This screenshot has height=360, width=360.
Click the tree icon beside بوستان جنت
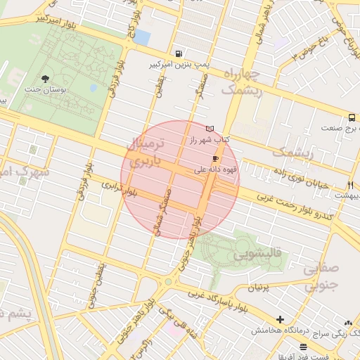pos(46,78)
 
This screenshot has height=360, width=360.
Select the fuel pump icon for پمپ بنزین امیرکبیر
pos(181,53)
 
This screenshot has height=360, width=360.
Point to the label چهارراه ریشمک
pos(241,82)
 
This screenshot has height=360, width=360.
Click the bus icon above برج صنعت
pos(351,117)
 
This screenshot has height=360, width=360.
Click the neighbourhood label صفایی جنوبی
pos(322,276)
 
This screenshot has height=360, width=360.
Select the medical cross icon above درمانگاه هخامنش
pos(280,320)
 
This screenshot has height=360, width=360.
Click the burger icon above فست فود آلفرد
pos(303,347)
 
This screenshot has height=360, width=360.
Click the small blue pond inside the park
pos(94,88)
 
